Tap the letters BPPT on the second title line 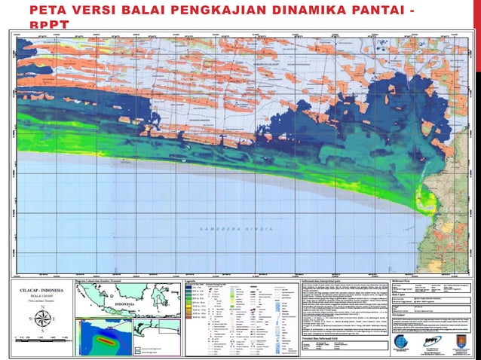point(48,24)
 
